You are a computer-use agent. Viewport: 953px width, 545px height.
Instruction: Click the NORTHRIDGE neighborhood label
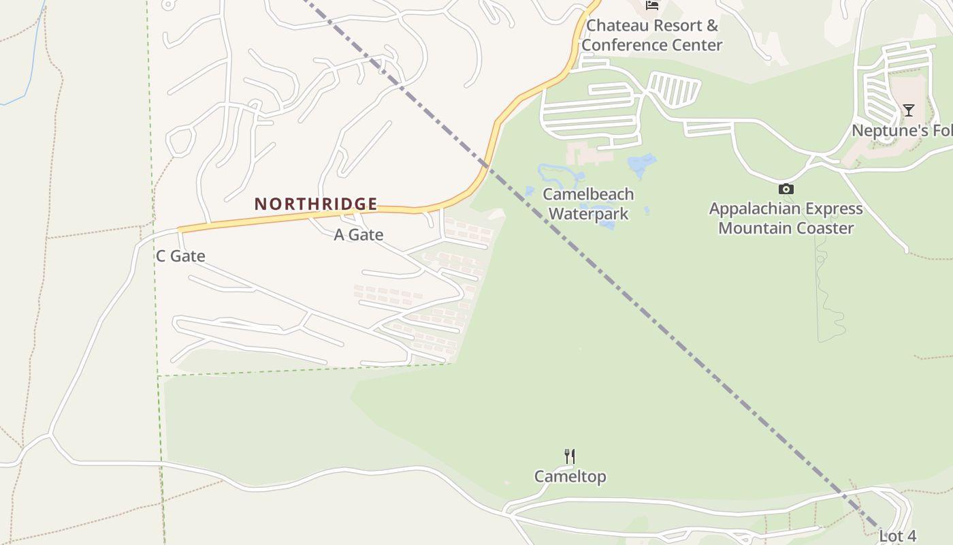pos(316,204)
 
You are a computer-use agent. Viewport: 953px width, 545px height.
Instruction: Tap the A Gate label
pos(358,235)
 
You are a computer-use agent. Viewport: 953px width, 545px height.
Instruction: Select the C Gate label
pos(180,256)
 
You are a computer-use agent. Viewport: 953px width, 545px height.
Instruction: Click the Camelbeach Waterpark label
pos(588,204)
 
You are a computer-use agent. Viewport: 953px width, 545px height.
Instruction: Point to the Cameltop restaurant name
pos(570,476)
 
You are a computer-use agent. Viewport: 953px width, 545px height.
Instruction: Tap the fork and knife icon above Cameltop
pos(570,456)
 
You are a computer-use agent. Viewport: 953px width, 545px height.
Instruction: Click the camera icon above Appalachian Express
pos(786,189)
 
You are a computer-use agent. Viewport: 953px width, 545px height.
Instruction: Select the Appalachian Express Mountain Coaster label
pos(786,218)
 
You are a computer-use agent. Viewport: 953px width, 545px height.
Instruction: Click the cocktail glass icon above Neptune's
pos(908,110)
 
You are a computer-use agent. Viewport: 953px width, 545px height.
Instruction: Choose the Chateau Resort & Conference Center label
pos(651,35)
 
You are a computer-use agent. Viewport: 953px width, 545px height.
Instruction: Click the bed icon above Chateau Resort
pos(652,5)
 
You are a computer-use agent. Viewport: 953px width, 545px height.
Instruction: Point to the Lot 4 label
pos(897,535)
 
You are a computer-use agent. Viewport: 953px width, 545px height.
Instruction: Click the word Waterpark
pos(588,214)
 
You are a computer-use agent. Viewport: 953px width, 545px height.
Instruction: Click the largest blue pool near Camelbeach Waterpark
pos(641,165)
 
